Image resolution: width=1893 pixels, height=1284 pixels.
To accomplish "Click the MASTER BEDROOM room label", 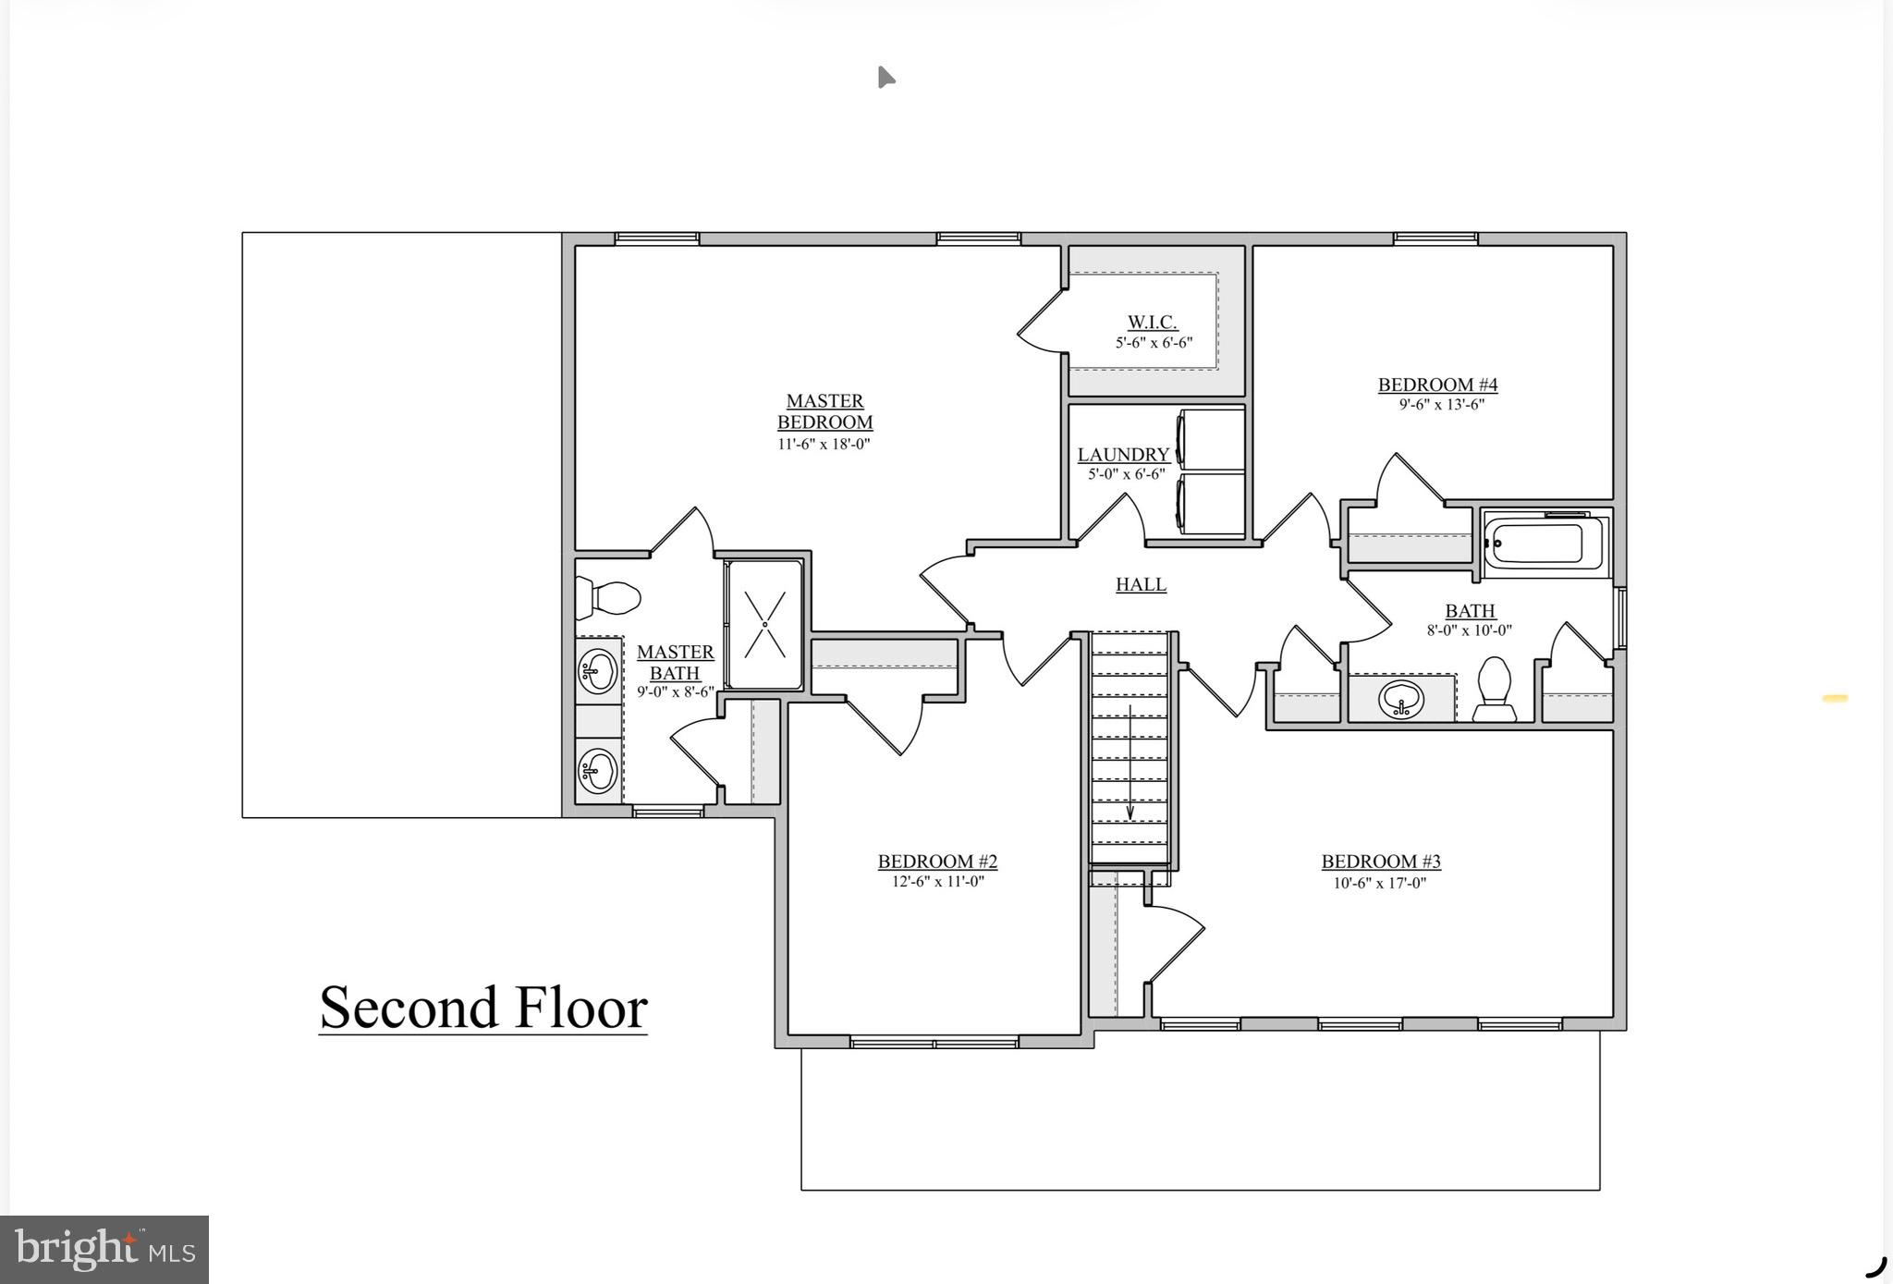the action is click(x=824, y=412).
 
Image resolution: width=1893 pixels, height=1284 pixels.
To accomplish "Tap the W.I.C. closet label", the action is click(x=1152, y=323).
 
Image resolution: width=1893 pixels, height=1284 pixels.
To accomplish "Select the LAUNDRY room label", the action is click(x=1124, y=455).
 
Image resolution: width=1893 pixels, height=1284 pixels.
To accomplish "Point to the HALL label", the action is click(x=1141, y=584).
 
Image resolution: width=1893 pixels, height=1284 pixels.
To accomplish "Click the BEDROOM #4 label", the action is click(x=1437, y=385).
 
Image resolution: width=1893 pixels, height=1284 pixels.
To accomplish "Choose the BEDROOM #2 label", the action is click(x=937, y=862).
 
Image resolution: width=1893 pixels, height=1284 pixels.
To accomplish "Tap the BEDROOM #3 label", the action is click(x=1381, y=862).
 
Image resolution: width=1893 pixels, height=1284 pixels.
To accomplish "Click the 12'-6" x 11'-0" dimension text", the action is click(x=937, y=882).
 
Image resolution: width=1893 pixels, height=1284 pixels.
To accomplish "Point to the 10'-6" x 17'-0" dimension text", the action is click(x=1380, y=883).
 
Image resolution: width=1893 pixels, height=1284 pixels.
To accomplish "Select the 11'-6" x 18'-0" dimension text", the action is click(x=824, y=444).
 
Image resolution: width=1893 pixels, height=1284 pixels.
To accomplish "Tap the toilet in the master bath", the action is click(x=607, y=597).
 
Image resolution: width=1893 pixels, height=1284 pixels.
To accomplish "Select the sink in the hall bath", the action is click(x=1401, y=700).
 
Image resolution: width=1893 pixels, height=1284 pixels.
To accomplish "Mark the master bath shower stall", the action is click(x=764, y=624).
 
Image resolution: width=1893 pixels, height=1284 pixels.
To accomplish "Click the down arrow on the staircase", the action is click(x=1130, y=763).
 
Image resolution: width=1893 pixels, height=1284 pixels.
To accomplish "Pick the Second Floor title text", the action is click(x=482, y=1008).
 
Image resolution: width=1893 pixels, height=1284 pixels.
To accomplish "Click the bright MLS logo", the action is click(x=104, y=1250).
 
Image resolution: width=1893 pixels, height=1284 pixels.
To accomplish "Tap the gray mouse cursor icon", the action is click(x=885, y=77).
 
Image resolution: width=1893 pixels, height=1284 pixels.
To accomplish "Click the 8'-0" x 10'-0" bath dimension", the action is click(x=1470, y=630).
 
